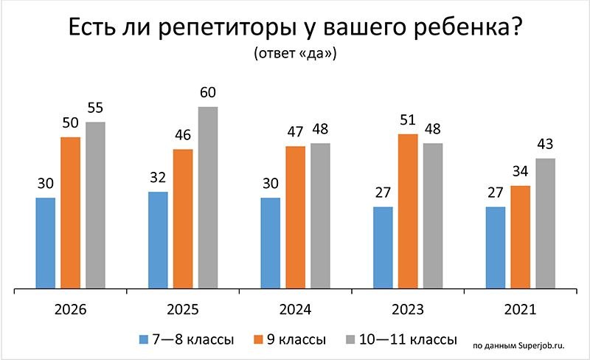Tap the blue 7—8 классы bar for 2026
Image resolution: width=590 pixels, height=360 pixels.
coord(46,243)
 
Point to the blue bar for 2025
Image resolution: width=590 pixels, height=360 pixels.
coord(158,240)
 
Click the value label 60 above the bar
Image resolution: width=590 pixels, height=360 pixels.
coord(208,94)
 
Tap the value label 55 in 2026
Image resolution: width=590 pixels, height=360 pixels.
coord(95,109)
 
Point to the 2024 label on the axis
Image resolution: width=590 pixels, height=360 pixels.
coord(296,310)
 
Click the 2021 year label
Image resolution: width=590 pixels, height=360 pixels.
coord(521,310)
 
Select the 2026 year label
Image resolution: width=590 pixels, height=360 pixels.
coord(71,310)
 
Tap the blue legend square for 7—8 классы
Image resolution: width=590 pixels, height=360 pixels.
coord(145,340)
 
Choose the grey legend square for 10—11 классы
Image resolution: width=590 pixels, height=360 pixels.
coord(353,340)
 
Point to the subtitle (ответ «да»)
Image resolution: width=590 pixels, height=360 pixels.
coord(295,55)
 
